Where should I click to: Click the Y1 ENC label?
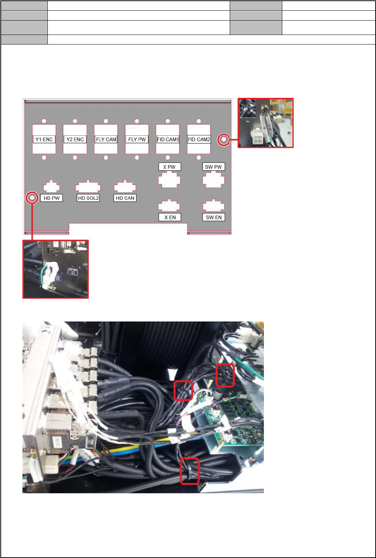pos(44,139)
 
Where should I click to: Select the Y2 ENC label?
pos(75,139)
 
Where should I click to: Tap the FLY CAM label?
pos(106,139)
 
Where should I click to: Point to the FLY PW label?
pos(137,139)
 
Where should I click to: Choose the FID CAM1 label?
pos(168,139)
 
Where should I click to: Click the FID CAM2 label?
pos(199,139)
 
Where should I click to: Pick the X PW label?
pos(169,167)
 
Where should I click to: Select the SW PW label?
pos(213,167)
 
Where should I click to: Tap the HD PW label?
pos(51,198)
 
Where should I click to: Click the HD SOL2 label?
pos(88,198)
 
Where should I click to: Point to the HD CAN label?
pos(125,198)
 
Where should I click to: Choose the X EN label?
pos(169,217)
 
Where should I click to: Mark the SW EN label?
pos(214,217)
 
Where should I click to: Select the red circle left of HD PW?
pos(32,198)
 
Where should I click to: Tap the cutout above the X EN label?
pos(169,205)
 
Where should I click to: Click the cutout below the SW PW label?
pos(214,180)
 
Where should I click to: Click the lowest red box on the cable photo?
pos(190,471)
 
